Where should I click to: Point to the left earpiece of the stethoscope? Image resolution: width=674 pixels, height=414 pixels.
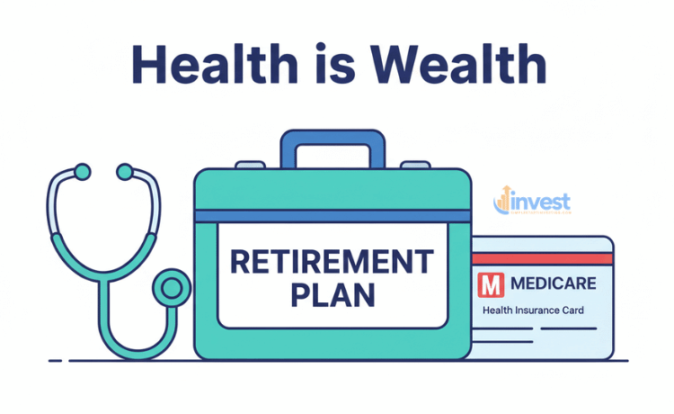point(83,170)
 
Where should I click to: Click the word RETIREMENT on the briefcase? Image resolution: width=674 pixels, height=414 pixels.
point(332,263)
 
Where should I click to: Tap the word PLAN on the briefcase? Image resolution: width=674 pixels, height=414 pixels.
point(332,295)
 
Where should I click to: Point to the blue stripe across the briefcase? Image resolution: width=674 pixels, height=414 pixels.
point(332,216)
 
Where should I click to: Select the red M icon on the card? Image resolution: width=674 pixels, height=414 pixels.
point(490,285)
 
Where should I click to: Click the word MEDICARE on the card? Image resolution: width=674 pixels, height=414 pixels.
point(553,284)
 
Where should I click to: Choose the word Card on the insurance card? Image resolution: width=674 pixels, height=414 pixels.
point(573,310)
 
